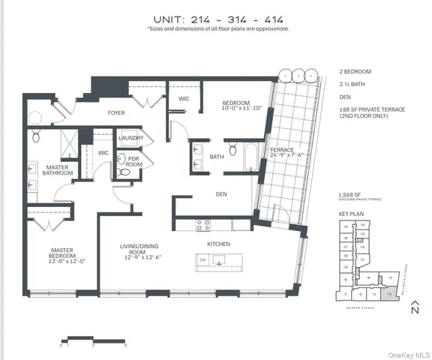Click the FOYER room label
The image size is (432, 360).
115,113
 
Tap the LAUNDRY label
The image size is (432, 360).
132,139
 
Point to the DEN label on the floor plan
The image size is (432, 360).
221,194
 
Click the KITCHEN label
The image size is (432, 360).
218,244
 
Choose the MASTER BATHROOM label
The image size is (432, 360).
57,170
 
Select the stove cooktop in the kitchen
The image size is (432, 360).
202,223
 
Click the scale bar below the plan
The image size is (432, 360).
82,339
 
